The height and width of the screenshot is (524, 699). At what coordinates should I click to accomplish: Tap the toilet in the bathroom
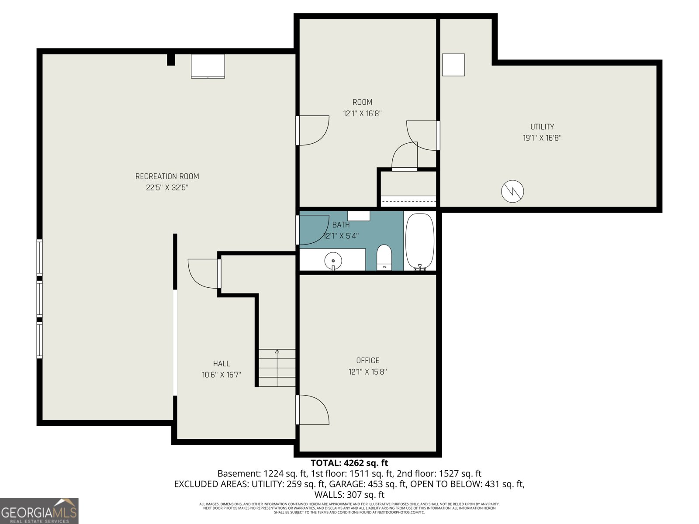(384, 257)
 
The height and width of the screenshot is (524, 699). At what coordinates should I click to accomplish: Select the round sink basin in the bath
(333, 261)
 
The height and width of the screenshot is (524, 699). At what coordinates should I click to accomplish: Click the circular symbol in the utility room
(512, 192)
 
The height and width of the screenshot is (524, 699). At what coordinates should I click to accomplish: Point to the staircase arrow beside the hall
(277, 368)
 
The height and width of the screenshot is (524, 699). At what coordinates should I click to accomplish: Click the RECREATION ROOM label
(167, 176)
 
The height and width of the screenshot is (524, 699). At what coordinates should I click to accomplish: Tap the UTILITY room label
(542, 127)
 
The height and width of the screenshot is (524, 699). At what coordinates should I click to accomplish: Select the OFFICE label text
(368, 361)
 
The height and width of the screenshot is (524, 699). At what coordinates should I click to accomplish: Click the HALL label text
(221, 363)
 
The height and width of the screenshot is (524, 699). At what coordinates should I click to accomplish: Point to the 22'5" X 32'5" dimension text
(167, 188)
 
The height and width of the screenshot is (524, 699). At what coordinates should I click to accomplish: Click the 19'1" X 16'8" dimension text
(542, 138)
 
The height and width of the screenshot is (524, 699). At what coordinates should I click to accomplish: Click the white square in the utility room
(453, 65)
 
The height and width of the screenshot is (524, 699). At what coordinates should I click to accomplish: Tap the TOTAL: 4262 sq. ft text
(349, 462)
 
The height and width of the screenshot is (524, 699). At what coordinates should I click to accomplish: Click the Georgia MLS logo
(39, 510)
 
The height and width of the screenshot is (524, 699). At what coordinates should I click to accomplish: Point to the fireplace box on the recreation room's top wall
(208, 66)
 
